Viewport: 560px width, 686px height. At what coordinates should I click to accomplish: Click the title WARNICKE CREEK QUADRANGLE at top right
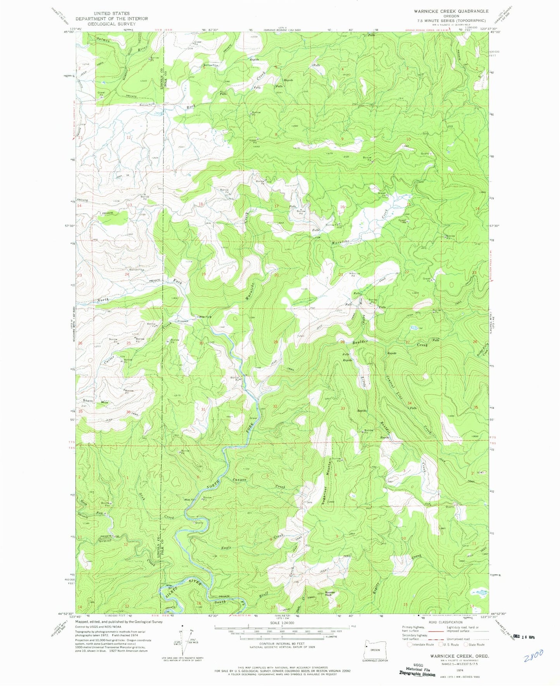click(x=445, y=11)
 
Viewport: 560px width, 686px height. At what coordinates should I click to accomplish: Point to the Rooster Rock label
click(x=330, y=594)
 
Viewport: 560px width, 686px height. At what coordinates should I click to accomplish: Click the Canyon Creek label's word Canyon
click(x=239, y=480)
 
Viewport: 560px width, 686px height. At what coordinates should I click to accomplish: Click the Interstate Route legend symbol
click(x=405, y=645)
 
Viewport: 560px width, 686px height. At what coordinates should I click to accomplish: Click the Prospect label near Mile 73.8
click(x=183, y=321)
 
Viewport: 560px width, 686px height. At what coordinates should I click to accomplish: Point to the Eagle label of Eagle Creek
click(x=226, y=548)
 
